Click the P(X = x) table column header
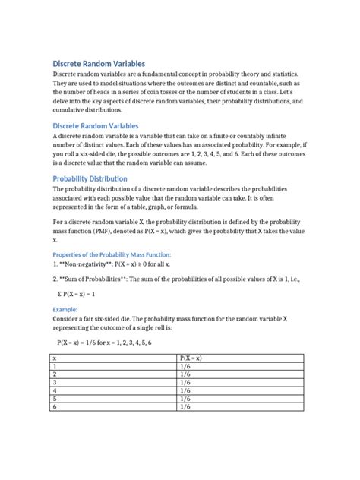pos(191,357)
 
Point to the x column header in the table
pos(55,357)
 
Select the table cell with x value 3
pos(55,382)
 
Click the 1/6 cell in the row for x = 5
pos(185,399)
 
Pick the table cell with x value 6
pos(55,407)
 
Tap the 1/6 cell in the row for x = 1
pos(185,365)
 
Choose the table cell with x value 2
pos(55,374)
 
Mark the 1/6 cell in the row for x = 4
pos(185,390)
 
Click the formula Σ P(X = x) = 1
pos(84,293)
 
